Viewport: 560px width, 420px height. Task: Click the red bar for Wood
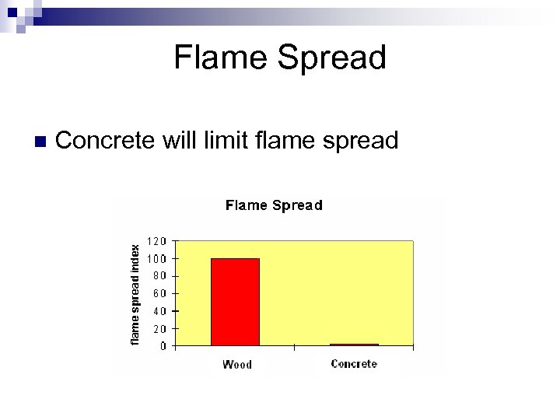[x=235, y=302]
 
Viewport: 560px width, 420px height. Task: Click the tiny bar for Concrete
[x=354, y=345]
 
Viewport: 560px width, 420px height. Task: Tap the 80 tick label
[x=159, y=276]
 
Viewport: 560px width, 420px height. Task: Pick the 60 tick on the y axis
[x=159, y=294]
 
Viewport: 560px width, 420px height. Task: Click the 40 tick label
[x=159, y=311]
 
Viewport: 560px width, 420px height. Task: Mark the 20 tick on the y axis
[x=159, y=329]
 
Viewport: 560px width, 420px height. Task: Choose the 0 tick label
[x=162, y=346]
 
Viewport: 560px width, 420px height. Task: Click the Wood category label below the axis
[x=236, y=364]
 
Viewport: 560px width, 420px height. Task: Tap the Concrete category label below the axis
[x=354, y=363]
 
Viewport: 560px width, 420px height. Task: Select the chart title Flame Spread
[x=274, y=205]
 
